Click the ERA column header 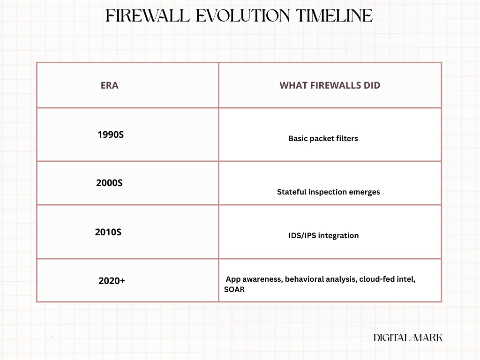pos(109,85)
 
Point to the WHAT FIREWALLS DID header pos(330,85)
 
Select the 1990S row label pos(111,135)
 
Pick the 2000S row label pos(109,183)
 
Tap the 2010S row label pos(108,232)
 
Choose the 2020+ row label pos(112,281)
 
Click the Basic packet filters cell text pos(323,139)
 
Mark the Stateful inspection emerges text pos(328,192)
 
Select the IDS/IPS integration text pos(323,235)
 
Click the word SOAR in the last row pos(234,290)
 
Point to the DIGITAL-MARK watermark pos(407,337)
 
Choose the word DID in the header pos(372,85)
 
